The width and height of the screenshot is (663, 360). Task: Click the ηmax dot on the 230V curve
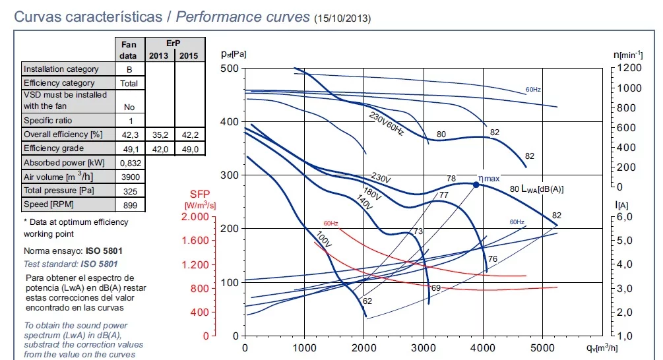(476, 185)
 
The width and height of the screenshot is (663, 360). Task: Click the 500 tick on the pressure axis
(230, 69)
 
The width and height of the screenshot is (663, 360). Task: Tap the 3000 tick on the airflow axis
(424, 347)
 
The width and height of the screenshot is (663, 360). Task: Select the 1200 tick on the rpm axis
(628, 68)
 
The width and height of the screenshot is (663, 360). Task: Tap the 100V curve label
(324, 240)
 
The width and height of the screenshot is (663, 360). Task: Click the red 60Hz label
(331, 224)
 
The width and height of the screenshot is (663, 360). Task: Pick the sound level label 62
(367, 301)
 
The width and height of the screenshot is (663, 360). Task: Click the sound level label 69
(435, 288)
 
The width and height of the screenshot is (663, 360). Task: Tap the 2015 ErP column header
(189, 55)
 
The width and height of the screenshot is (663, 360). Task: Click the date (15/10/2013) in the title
(342, 18)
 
